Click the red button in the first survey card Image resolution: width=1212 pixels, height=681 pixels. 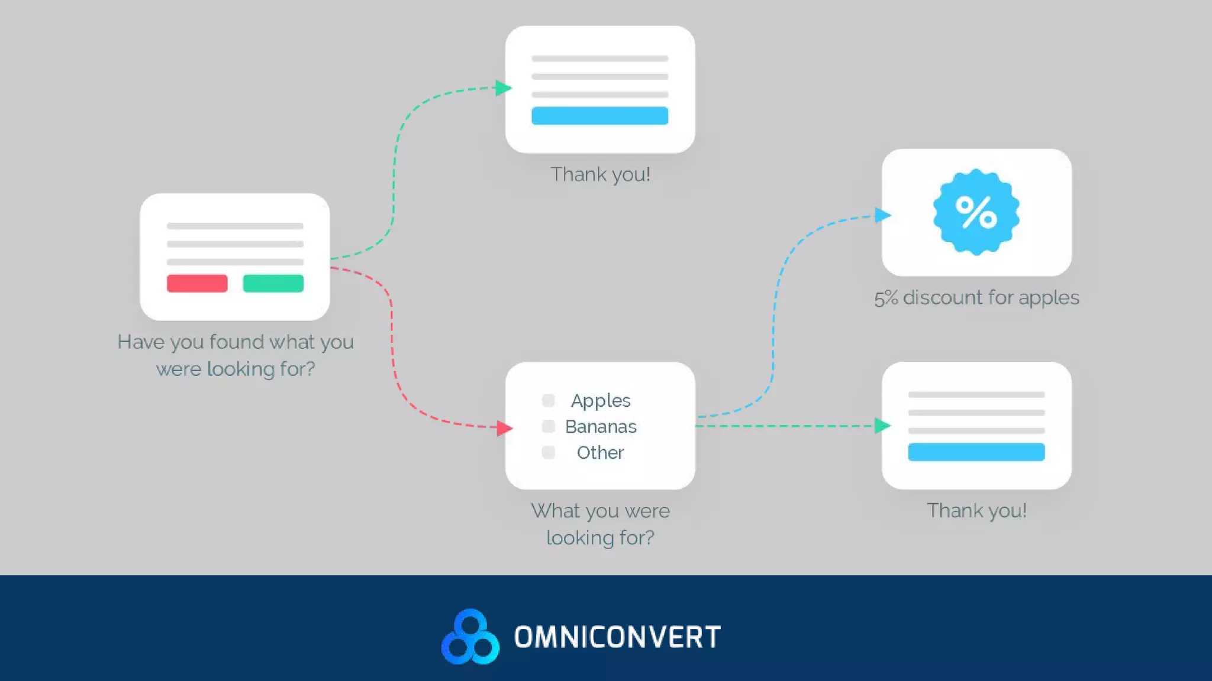(x=197, y=283)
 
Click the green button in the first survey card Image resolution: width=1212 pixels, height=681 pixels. (x=273, y=283)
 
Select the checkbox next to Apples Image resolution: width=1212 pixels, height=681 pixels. (x=548, y=400)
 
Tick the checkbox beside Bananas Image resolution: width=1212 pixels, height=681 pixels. (x=548, y=426)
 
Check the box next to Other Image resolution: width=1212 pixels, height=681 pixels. (x=548, y=452)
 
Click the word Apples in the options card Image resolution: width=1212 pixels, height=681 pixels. (x=601, y=401)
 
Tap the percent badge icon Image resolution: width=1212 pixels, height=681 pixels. (x=976, y=212)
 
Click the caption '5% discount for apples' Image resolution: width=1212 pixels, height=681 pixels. (x=976, y=297)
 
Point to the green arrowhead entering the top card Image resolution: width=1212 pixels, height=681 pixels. (x=503, y=88)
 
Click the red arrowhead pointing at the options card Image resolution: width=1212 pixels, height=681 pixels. (x=504, y=427)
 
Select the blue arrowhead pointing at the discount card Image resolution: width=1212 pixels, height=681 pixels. (x=882, y=215)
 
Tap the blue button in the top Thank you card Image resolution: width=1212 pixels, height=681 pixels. (x=599, y=116)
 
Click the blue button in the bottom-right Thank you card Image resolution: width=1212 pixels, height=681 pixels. (x=976, y=452)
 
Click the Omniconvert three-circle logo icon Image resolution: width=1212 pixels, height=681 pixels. (x=470, y=637)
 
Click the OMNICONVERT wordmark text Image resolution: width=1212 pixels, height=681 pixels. (x=617, y=637)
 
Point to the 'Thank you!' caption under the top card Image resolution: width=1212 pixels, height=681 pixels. (x=600, y=174)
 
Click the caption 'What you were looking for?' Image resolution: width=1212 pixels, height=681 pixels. (x=600, y=524)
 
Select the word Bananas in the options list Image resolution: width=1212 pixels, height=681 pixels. (x=601, y=427)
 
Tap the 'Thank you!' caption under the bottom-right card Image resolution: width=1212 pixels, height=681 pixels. (x=976, y=510)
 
